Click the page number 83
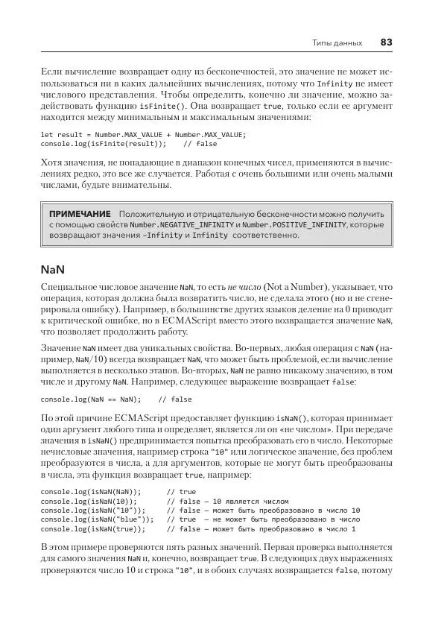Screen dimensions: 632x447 point(386,42)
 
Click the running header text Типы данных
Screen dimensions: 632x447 point(337,43)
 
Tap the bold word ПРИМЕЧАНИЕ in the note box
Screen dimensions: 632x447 point(80,213)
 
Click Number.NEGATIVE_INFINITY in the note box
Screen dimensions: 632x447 point(180,224)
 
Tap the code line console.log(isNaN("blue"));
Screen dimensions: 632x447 point(94,519)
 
